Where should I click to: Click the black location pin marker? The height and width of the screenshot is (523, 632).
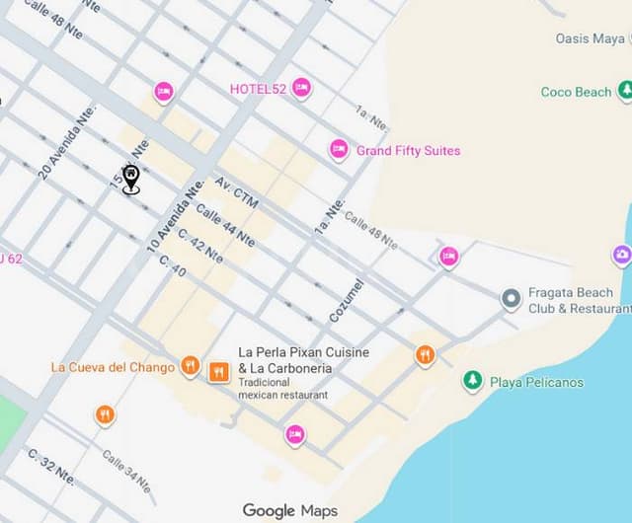pos(130,179)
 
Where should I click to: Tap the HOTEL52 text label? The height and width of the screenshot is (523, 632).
pos(258,89)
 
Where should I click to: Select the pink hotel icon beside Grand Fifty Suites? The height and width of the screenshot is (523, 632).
pos(339,150)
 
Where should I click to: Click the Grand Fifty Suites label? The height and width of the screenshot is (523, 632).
pos(408,151)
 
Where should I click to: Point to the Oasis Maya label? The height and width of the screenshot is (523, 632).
pos(591,38)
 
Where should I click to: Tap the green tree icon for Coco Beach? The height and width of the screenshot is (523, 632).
pos(624,91)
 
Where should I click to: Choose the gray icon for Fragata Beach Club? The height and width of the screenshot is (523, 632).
pos(511,299)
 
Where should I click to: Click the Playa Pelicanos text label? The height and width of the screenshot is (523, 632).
pos(536,382)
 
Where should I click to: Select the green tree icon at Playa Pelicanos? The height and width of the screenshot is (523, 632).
pos(473,381)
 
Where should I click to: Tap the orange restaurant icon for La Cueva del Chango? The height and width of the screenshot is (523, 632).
pos(191,367)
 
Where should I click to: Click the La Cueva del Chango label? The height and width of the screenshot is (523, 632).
pos(113,368)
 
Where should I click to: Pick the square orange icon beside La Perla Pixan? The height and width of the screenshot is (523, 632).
pos(218,372)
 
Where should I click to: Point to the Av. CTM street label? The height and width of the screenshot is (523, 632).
pos(236,193)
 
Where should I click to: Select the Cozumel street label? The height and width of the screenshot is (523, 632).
pos(347,299)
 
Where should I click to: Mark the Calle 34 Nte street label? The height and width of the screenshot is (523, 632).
pos(126,470)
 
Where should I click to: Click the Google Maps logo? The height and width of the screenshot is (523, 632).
pos(290,510)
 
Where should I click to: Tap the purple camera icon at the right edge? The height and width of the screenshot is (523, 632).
pos(622,256)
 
